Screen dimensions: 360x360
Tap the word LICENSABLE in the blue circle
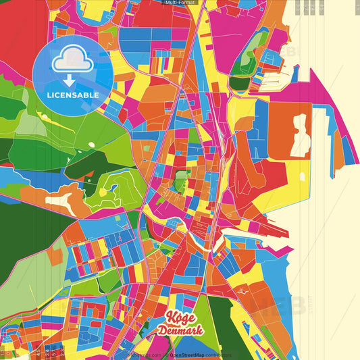[73, 95]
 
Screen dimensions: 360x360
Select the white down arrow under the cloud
[70, 79]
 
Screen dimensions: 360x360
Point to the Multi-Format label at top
[179, 3]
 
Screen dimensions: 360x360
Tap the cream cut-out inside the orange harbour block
[300, 135]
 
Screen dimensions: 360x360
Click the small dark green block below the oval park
[238, 83]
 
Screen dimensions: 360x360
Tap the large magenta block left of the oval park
[223, 27]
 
